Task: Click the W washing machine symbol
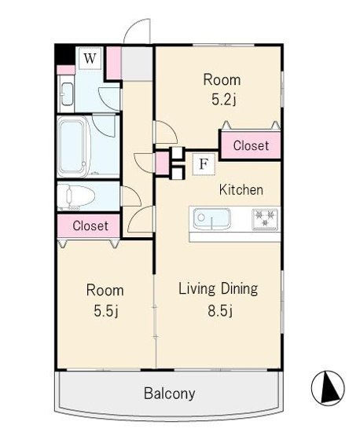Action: (x=90, y=58)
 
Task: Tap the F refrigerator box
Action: (x=204, y=164)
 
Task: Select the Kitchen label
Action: (x=241, y=190)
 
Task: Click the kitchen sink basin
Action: (x=212, y=219)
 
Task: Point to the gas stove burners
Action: (x=265, y=219)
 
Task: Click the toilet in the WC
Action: (x=76, y=196)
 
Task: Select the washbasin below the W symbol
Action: (x=67, y=94)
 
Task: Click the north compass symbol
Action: (x=328, y=388)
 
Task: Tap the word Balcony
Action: (x=170, y=394)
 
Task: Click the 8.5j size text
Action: (x=220, y=311)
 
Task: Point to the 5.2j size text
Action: (x=224, y=100)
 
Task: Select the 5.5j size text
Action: (x=106, y=311)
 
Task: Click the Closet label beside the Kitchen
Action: (x=251, y=145)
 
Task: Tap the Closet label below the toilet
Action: (x=90, y=225)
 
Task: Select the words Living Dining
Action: (x=218, y=289)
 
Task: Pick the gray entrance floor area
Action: (x=137, y=64)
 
